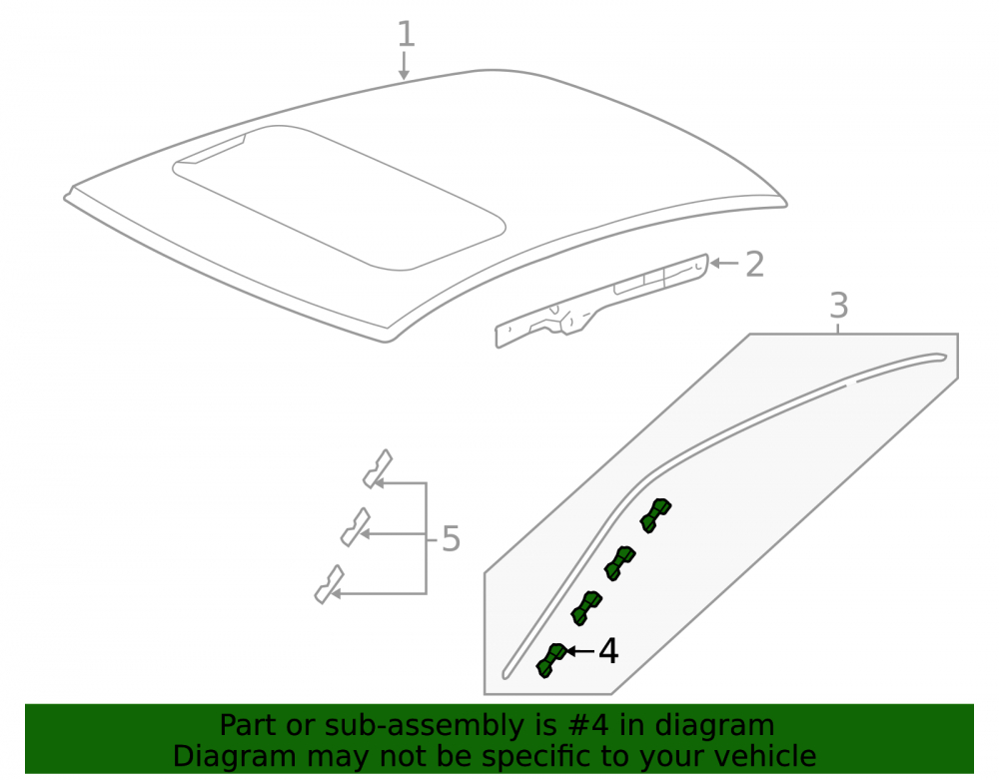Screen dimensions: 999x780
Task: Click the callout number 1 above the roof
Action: click(406, 33)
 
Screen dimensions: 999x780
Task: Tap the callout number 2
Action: click(754, 265)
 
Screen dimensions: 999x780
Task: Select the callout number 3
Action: click(839, 306)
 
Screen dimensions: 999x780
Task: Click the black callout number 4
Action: click(608, 651)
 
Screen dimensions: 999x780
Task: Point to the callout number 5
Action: click(451, 538)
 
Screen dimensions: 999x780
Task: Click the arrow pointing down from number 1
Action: click(404, 66)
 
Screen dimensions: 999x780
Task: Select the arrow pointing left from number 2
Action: click(723, 263)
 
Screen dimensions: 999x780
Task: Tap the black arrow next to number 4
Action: click(579, 651)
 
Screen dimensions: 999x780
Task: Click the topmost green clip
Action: click(655, 515)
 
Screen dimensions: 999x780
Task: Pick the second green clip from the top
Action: click(620, 563)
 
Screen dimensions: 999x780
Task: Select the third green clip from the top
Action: click(586, 607)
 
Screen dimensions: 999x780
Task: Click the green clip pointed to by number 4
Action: click(551, 660)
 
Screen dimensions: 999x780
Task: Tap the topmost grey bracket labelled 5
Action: click(378, 469)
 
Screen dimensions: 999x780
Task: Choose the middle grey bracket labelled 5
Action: click(356, 527)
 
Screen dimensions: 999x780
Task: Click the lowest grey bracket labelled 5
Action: click(330, 584)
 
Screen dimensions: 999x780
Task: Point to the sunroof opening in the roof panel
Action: click(339, 198)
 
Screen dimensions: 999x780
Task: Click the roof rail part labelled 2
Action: click(602, 302)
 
